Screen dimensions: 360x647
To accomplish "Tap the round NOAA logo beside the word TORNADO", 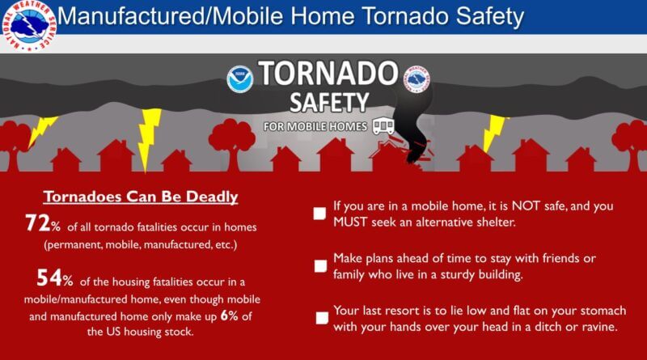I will [239, 78].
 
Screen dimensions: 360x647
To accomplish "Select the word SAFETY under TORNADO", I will [329, 103].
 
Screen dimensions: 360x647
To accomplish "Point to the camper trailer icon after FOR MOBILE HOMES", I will [383, 126].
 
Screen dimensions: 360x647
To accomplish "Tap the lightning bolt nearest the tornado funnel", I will [493, 133].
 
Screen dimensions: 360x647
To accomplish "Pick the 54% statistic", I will [54, 280].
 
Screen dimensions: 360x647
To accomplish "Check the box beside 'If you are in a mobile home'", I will [319, 214].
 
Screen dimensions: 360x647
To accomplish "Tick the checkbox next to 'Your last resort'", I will [321, 319].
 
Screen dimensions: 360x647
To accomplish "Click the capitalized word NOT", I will [515, 206].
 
